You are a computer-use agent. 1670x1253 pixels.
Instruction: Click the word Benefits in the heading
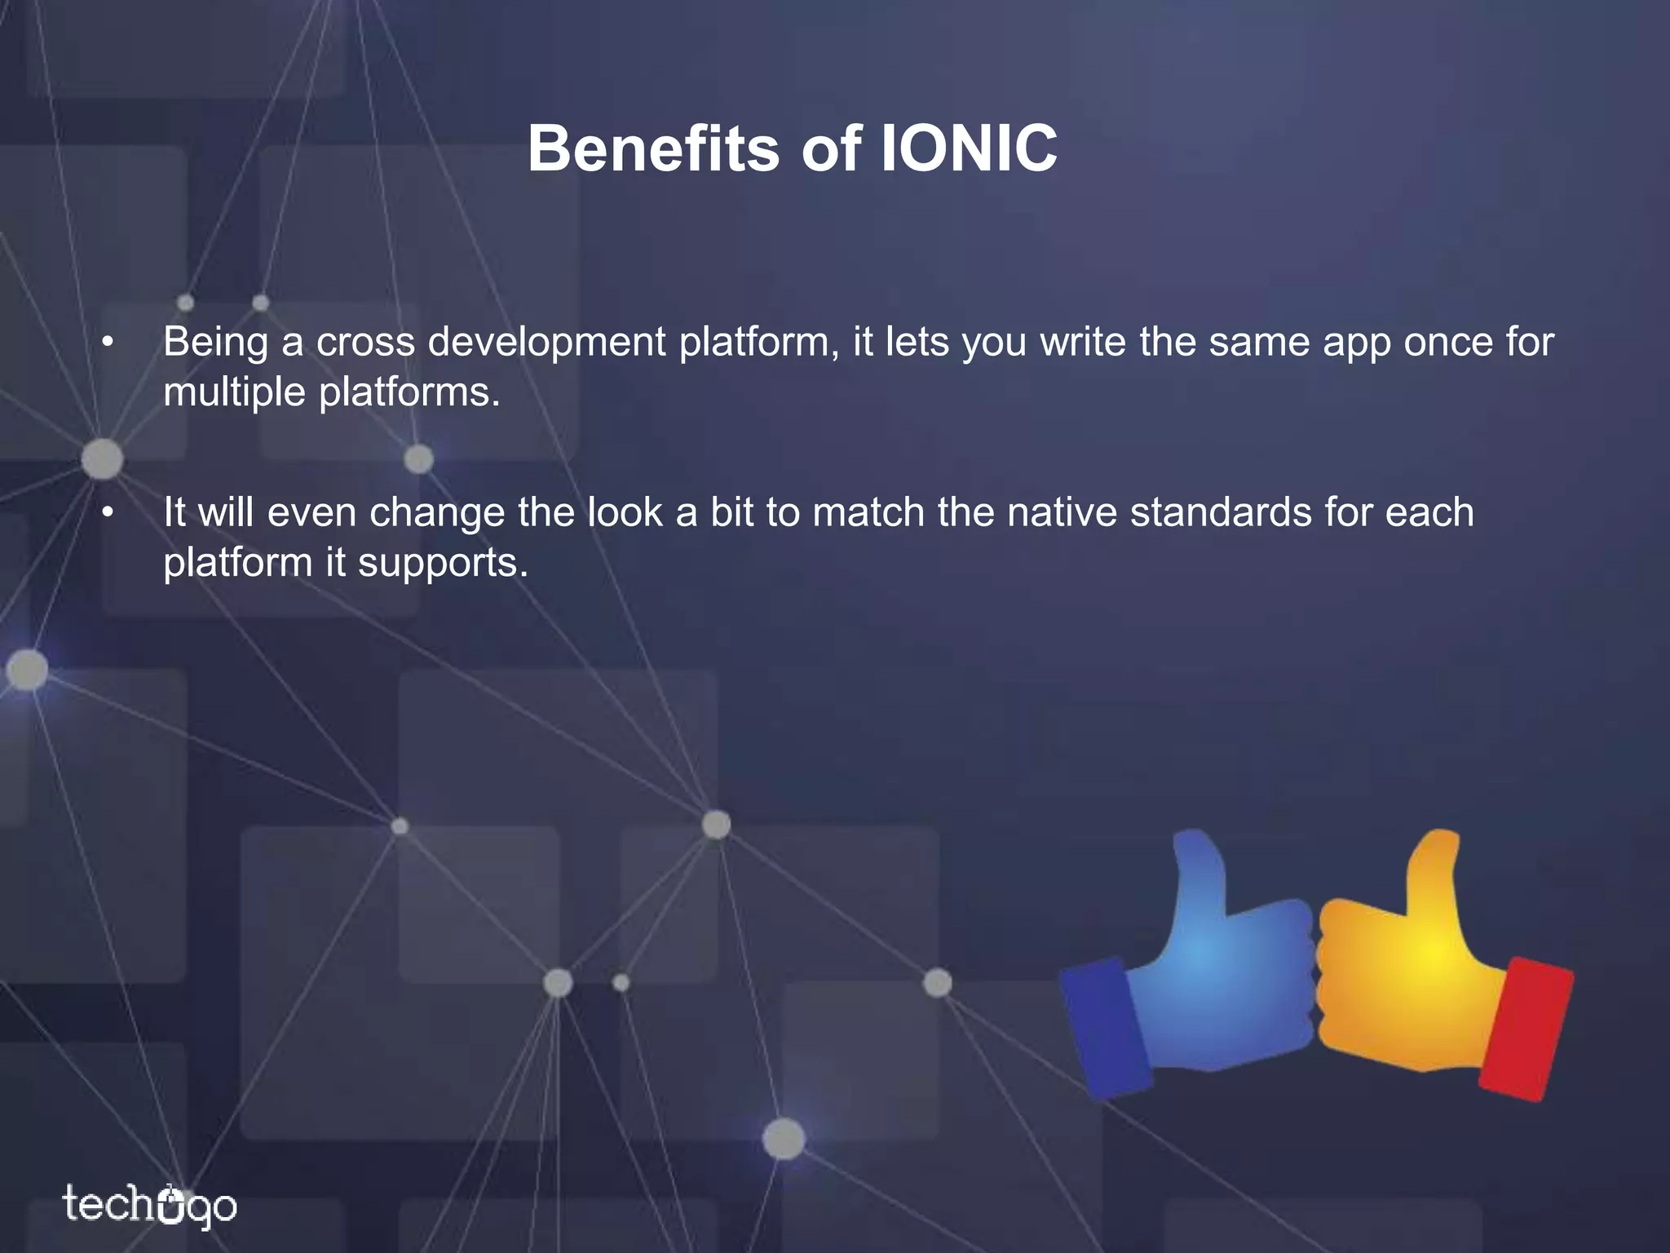(x=653, y=149)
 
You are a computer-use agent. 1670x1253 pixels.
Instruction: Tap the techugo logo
(x=150, y=1205)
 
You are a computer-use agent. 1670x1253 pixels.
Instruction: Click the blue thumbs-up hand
(x=1215, y=979)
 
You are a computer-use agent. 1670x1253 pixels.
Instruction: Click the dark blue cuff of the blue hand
(x=1105, y=1028)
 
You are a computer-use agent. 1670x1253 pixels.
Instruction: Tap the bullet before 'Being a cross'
(x=107, y=343)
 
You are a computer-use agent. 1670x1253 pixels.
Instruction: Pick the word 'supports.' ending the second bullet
(x=444, y=564)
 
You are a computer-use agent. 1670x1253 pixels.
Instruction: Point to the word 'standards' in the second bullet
(x=1220, y=513)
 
